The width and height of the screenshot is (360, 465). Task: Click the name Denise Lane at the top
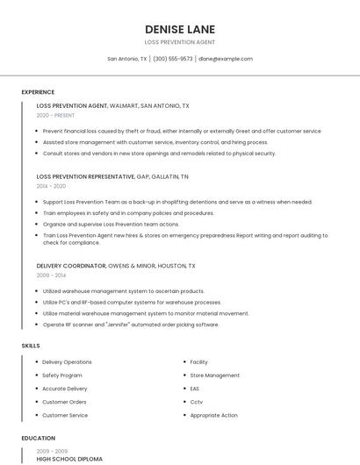tap(179, 29)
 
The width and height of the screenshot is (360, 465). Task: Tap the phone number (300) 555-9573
tap(173, 59)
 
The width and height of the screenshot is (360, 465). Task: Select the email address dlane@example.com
tap(225, 59)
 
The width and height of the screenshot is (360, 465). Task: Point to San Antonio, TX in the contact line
tap(127, 59)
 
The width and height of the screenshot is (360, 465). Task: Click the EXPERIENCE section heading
tap(38, 92)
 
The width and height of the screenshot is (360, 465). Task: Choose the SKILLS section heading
tap(31, 346)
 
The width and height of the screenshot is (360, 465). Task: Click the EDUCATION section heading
tap(39, 438)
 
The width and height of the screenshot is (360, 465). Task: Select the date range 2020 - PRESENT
tap(55, 115)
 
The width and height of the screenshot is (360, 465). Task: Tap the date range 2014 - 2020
tap(51, 186)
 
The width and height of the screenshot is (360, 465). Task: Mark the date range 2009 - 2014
tap(51, 275)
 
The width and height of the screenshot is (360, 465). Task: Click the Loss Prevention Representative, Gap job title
tap(112, 176)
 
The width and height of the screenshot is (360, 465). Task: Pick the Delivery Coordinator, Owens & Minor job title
tap(116, 266)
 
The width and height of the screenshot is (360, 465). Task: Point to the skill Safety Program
tap(62, 376)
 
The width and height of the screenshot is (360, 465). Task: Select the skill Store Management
tap(214, 376)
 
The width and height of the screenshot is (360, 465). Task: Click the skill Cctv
tap(196, 402)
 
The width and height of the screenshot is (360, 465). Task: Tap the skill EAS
tap(195, 389)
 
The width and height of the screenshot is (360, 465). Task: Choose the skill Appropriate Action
tap(213, 415)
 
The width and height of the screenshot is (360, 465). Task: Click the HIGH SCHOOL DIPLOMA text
tap(69, 459)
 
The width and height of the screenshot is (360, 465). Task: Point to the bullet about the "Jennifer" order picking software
tap(131, 325)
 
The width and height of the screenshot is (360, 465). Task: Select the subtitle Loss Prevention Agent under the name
tap(179, 42)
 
